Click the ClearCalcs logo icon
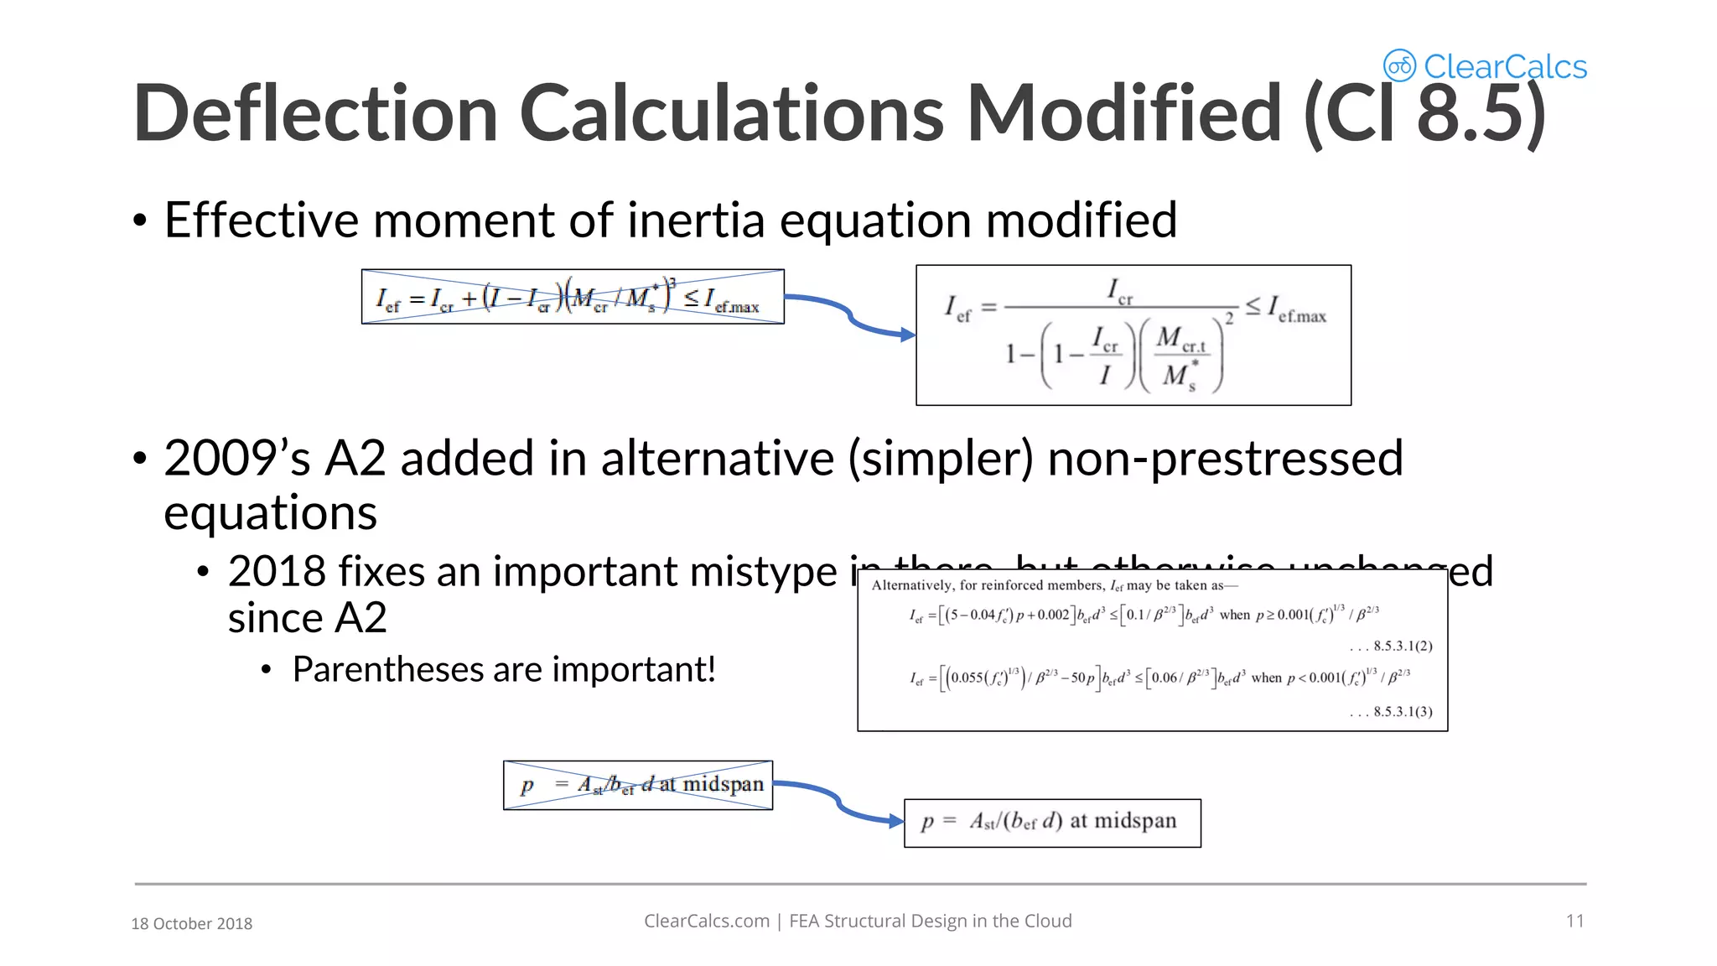tap(1399, 65)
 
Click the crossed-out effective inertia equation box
tap(573, 297)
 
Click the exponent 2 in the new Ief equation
tap(1229, 319)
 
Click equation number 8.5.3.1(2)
tap(1403, 646)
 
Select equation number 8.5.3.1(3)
tap(1403, 712)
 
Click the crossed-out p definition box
tap(637, 785)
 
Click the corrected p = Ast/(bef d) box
tap(1052, 823)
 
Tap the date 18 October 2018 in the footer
tap(192, 923)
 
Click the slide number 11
tap(1574, 921)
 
